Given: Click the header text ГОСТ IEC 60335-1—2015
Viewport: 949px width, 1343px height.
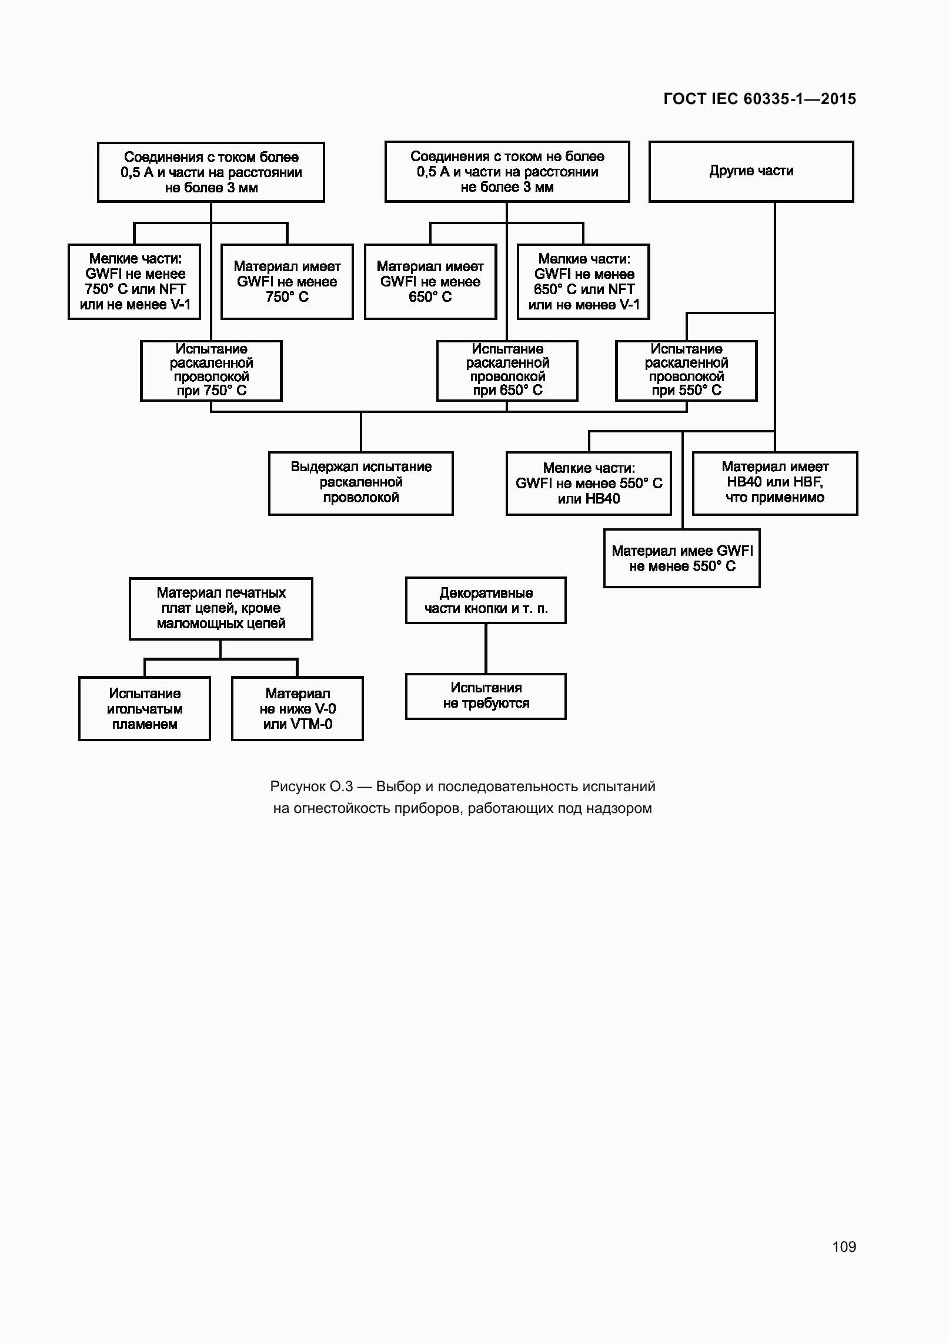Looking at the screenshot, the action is [x=760, y=99].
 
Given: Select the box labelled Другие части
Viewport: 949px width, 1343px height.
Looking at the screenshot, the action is [x=751, y=171].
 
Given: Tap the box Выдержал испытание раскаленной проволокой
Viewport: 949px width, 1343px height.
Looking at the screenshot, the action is [x=361, y=483].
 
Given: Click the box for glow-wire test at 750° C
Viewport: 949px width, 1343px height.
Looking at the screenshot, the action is [x=211, y=371].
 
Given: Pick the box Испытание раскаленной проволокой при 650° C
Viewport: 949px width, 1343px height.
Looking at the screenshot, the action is [x=507, y=371].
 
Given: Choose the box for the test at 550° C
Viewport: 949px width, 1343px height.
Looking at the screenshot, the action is [x=686, y=371].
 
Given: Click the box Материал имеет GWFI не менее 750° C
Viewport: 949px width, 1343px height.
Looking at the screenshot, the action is [x=287, y=282].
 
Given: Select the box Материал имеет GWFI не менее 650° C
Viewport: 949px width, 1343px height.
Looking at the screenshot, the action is [x=430, y=282].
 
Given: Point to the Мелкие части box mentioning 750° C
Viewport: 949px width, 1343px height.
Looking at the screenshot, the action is [x=134, y=282].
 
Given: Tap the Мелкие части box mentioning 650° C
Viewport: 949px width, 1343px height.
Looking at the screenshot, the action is [x=583, y=282].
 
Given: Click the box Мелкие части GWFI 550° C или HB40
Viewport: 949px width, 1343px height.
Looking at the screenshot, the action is [x=589, y=483].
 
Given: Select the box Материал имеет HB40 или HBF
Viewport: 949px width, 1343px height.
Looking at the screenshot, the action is [x=775, y=483].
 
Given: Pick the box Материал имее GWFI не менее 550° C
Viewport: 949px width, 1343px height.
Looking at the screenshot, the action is [x=682, y=558].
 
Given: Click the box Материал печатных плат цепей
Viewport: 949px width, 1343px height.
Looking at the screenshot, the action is [x=221, y=608].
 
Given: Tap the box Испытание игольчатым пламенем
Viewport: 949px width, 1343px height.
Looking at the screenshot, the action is [x=145, y=708].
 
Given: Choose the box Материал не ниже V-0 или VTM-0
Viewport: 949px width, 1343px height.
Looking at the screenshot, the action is [x=298, y=708].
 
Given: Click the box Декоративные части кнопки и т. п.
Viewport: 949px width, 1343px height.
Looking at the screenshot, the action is [x=486, y=600].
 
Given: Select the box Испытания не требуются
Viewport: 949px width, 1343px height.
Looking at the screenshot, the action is [x=486, y=696].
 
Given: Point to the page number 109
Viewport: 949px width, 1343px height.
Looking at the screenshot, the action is [x=844, y=1247].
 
